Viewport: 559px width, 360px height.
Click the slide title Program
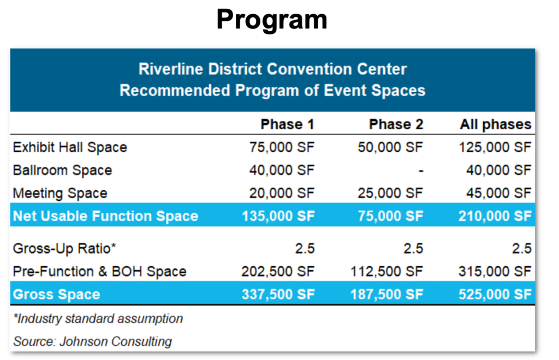point(272,20)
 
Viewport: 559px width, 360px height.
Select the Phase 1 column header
point(287,124)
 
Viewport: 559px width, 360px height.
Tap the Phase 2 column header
point(396,124)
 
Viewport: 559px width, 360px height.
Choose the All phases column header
point(496,124)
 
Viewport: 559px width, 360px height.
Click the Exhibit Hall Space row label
point(70,147)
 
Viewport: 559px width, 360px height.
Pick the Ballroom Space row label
point(62,170)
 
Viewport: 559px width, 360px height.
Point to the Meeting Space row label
point(60,193)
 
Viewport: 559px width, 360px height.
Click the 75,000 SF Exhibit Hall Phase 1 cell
point(282,147)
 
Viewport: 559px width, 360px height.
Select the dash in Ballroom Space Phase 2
point(421,171)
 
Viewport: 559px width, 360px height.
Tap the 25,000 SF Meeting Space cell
point(390,193)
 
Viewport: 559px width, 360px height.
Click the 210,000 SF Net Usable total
point(495,216)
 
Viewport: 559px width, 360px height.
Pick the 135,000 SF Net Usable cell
point(278,216)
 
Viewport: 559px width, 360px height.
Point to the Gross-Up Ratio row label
point(64,248)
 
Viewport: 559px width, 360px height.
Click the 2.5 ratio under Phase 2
point(413,248)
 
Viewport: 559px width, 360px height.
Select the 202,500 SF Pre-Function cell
point(278,271)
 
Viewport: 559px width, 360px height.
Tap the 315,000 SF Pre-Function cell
point(495,271)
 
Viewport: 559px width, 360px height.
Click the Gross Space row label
point(56,295)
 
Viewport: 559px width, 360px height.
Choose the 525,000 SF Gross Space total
point(495,295)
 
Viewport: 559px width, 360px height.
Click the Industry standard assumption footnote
point(98,319)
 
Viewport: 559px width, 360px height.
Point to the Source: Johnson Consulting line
point(92,341)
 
